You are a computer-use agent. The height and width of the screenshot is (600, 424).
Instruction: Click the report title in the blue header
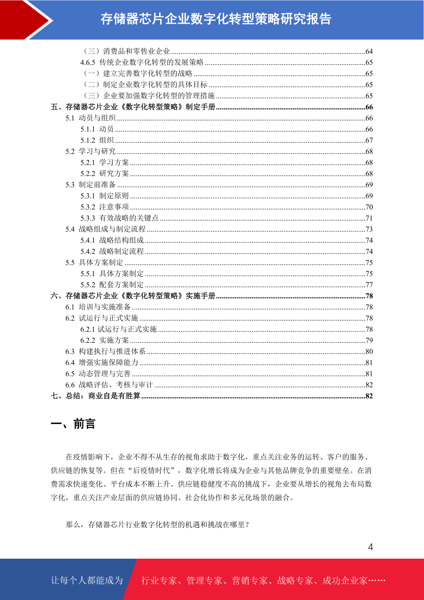pyautogui.click(x=216, y=19)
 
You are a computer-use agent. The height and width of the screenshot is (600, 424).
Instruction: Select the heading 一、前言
pyautogui.click(x=73, y=424)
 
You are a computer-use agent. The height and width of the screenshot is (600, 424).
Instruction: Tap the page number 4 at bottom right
pyautogui.click(x=370, y=547)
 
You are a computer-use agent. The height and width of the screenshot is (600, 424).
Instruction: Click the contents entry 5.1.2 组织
pyautogui.click(x=97, y=140)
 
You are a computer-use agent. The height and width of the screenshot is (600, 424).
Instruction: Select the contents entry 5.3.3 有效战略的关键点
pyautogui.click(x=119, y=218)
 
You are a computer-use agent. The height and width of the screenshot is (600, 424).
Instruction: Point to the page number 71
pyautogui.click(x=369, y=218)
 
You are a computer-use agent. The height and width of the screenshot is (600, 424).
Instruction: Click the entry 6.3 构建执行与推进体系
pyautogui.click(x=105, y=351)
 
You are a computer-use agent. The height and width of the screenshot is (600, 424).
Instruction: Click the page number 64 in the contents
pyautogui.click(x=369, y=51)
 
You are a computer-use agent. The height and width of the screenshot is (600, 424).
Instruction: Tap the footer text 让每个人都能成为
pyautogui.click(x=87, y=580)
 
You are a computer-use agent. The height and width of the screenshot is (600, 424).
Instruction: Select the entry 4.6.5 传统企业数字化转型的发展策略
pyautogui.click(x=142, y=62)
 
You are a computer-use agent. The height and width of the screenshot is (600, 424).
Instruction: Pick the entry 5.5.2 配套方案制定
pyautogui.click(x=112, y=285)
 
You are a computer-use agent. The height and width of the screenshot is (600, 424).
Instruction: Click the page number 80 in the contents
pyautogui.click(x=369, y=351)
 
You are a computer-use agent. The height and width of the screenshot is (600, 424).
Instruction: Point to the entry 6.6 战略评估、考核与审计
pyautogui.click(x=109, y=385)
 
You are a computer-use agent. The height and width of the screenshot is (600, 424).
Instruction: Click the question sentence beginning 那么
pyautogui.click(x=158, y=524)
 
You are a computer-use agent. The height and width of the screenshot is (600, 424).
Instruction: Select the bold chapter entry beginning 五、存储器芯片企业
pyautogui.click(x=133, y=107)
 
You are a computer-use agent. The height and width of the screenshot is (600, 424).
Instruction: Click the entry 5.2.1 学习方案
pyautogui.click(x=104, y=162)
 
